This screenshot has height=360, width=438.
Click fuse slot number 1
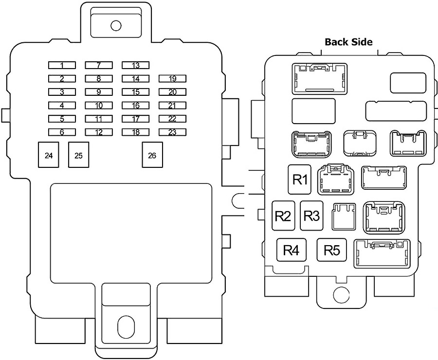[62, 65]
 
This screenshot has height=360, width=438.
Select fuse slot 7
[99, 65]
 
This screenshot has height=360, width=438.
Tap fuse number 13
[135, 65]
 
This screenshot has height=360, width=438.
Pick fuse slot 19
[172, 78]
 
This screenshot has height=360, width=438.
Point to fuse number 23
[172, 132]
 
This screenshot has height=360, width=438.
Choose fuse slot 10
[99, 105]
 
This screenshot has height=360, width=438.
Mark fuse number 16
[135, 105]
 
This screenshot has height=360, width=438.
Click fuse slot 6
[62, 132]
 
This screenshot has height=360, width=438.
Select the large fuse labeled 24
[49, 155]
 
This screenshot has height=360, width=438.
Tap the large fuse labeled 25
[79, 155]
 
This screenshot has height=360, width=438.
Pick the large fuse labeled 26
[152, 155]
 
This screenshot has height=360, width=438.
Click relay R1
[299, 180]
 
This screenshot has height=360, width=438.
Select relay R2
[283, 216]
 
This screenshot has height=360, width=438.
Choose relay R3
[311, 216]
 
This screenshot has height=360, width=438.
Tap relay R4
[292, 250]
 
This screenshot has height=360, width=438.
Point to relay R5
[332, 250]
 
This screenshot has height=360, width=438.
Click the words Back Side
[348, 42]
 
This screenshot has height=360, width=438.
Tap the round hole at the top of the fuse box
[116, 26]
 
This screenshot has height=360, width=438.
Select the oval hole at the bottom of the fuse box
[126, 327]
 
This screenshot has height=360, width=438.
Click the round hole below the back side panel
[341, 294]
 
